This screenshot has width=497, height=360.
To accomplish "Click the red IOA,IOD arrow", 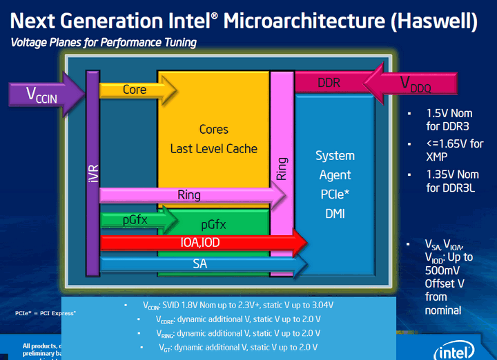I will [x=203, y=243].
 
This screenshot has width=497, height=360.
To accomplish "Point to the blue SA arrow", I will [x=200, y=263].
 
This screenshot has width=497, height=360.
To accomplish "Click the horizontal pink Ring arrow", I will [x=189, y=195].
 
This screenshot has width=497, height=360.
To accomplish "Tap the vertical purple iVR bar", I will [x=92, y=172].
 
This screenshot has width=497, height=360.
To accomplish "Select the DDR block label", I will [x=329, y=83].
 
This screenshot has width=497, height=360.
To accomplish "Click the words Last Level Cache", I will [x=213, y=148].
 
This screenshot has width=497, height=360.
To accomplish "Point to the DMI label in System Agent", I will [x=335, y=214].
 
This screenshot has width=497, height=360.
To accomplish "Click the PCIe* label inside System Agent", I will [x=335, y=194].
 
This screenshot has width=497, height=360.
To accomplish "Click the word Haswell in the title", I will [x=433, y=20].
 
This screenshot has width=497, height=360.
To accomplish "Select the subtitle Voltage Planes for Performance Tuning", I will [x=104, y=43].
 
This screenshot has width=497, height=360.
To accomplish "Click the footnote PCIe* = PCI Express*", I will [x=46, y=314].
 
